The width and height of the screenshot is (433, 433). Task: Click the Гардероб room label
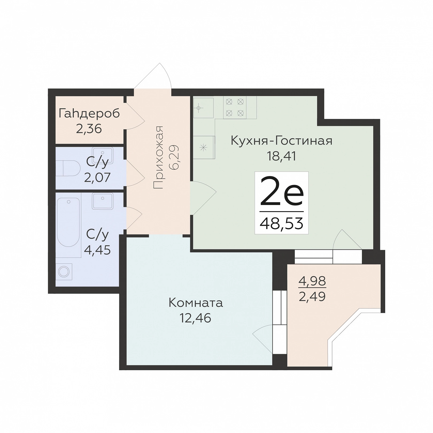click(89, 114)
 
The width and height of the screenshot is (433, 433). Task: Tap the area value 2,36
click(89, 129)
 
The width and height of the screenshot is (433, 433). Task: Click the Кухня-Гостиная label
click(281, 141)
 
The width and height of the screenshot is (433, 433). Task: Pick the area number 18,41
click(282, 156)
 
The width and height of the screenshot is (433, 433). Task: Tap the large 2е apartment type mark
click(282, 191)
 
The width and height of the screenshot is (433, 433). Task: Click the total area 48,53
click(281, 223)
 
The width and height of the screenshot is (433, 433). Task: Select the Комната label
click(196, 303)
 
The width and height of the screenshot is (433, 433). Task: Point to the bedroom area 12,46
click(195, 318)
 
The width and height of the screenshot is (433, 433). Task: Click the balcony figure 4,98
click(312, 281)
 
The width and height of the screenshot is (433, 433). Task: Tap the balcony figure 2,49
click(312, 296)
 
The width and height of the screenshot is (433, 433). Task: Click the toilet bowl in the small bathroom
click(68, 168)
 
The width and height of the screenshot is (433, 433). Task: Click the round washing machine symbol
click(64, 272)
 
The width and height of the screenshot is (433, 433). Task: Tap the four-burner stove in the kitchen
click(235, 107)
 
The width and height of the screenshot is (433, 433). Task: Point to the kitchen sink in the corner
click(203, 108)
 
